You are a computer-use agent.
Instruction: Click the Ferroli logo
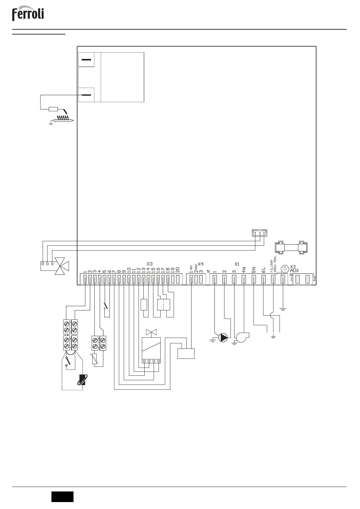(x=28, y=14)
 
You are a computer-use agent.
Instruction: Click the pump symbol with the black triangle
(x=223, y=338)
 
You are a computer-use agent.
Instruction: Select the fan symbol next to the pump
(x=242, y=337)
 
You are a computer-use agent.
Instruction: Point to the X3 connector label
(x=150, y=264)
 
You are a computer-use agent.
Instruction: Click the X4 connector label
(x=201, y=264)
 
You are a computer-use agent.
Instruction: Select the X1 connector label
(x=237, y=264)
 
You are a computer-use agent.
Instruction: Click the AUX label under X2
(x=294, y=271)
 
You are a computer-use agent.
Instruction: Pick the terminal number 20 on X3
(x=178, y=270)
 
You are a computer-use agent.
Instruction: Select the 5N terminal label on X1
(x=254, y=270)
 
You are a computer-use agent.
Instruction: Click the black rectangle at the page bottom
(x=62, y=497)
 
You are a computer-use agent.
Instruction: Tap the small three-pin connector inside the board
(x=260, y=233)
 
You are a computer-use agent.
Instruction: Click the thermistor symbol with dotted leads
(x=94, y=359)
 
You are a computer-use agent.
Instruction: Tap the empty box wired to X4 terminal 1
(x=186, y=354)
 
